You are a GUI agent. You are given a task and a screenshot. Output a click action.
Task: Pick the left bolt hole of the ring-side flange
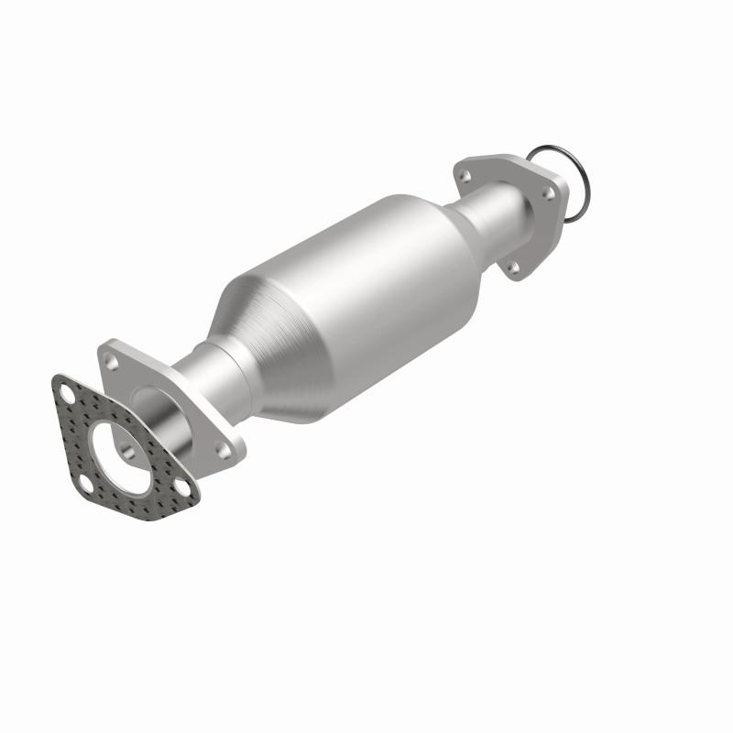(x=465, y=173)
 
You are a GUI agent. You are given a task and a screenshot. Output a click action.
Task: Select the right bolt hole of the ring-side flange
(x=549, y=193)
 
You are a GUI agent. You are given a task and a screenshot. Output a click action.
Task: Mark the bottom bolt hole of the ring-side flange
(x=512, y=267)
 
